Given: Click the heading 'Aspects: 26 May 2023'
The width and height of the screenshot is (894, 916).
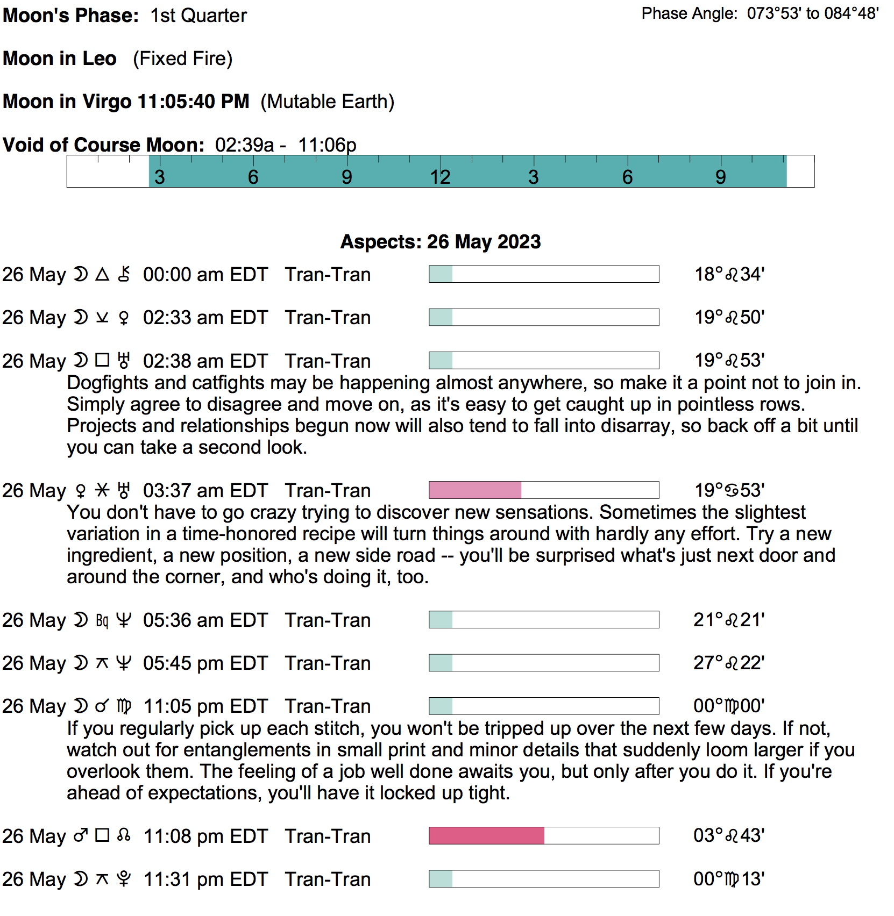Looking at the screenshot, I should [441, 242].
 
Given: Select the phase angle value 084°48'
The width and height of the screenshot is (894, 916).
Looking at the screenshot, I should [852, 13].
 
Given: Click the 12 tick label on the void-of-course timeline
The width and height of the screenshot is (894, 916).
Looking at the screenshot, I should [440, 177].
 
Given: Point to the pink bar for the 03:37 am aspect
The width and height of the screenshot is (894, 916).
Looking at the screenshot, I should [475, 490].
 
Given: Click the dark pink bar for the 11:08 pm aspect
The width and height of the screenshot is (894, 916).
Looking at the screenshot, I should [486, 836].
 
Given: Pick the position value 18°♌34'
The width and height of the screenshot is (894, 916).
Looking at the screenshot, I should [729, 275].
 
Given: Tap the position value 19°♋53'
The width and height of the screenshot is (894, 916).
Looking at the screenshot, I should [729, 490].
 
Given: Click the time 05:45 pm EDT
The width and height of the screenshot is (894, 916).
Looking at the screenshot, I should [205, 663].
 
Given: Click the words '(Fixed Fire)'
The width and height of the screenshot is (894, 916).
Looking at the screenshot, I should [183, 59].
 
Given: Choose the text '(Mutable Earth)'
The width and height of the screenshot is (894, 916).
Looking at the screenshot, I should [327, 102].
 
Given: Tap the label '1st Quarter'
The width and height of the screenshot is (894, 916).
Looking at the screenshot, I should [198, 16].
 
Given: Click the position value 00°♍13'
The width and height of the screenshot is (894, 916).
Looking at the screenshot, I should [729, 879].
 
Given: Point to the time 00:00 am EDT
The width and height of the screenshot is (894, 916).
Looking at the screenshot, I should [205, 275].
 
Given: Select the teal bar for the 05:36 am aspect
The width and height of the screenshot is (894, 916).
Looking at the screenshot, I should [441, 620].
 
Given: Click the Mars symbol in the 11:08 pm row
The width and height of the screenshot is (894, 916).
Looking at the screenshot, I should [81, 836].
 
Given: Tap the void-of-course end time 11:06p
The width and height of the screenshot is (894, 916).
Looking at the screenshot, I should [327, 145].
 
